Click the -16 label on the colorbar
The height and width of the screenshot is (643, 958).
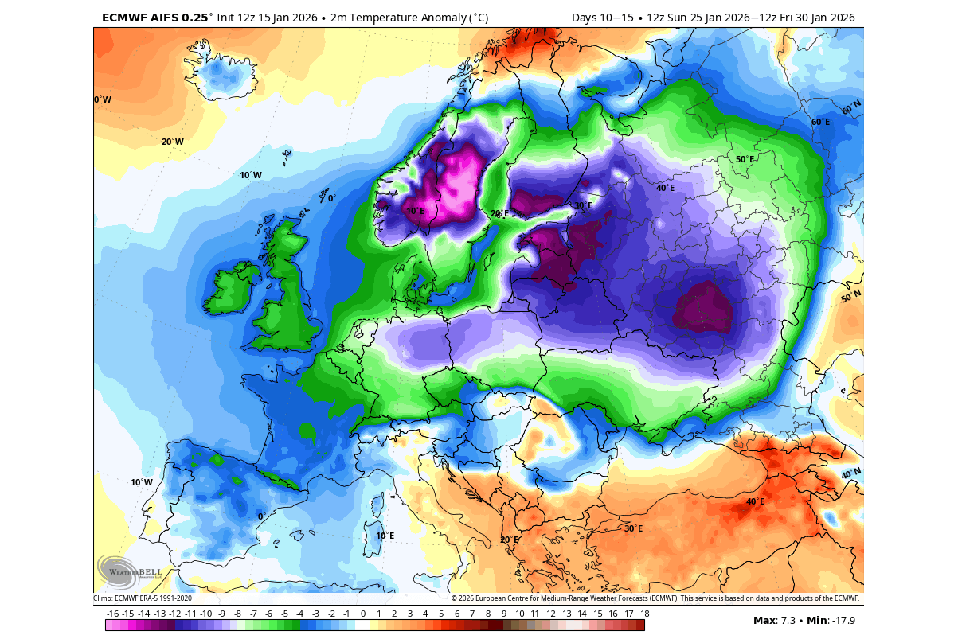click(x=113, y=614)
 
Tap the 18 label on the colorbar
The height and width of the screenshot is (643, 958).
click(x=643, y=614)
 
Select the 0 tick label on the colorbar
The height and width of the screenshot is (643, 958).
click(x=363, y=614)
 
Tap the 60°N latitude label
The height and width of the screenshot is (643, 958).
click(x=851, y=107)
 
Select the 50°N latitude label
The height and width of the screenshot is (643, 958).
click(x=851, y=297)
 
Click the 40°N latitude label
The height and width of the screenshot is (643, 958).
click(x=851, y=474)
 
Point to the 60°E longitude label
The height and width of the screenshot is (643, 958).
click(x=820, y=123)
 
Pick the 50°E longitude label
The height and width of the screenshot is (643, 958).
click(x=744, y=160)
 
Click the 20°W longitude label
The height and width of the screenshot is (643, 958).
click(x=172, y=142)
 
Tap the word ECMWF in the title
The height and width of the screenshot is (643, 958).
click(x=126, y=18)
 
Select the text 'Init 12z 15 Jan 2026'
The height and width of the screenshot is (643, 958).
click(x=267, y=18)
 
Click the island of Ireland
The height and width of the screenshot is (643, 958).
click(x=230, y=290)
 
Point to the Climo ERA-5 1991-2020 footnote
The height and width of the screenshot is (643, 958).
click(x=143, y=598)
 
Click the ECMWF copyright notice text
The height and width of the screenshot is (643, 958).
click(x=655, y=598)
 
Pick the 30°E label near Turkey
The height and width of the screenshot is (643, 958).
click(x=633, y=528)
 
